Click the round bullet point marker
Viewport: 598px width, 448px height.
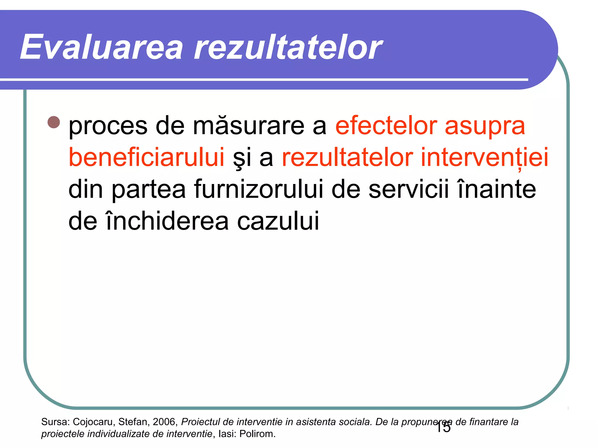coord(53,123)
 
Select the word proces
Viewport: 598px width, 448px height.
coord(108,127)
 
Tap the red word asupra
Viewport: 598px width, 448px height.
coord(485,127)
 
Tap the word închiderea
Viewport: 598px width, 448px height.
coord(167,220)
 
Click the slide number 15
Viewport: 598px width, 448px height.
coord(443,428)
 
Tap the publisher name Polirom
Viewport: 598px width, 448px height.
coord(257,434)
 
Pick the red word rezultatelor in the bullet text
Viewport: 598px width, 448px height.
coord(347,157)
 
